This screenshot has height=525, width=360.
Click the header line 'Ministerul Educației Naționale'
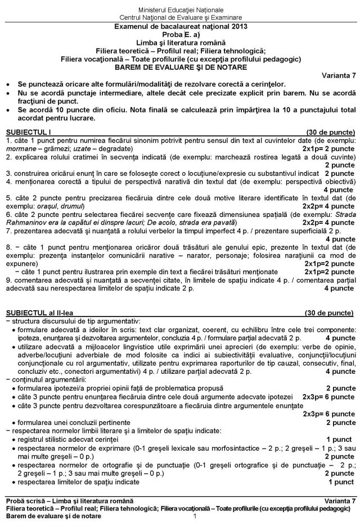(179, 10)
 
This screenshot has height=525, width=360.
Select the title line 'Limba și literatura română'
(180, 43)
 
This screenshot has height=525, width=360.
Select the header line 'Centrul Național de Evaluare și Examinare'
(179, 17)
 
